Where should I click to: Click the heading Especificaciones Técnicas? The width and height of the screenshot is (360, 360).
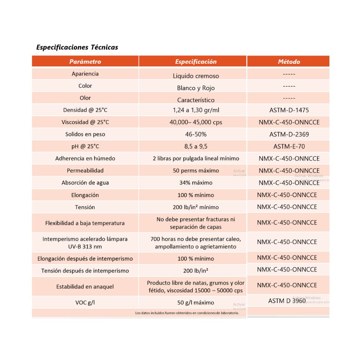click(x=77, y=47)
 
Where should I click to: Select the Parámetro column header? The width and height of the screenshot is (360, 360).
click(x=85, y=62)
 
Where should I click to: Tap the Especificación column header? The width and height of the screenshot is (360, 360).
click(x=196, y=62)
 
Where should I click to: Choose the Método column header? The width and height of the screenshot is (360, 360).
click(x=289, y=62)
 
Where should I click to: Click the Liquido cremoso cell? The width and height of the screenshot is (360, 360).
click(x=196, y=76)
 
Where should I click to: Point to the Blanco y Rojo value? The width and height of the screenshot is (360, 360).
click(x=196, y=88)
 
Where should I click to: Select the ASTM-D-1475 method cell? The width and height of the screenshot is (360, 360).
click(x=289, y=110)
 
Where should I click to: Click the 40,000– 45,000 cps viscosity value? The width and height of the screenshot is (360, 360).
click(x=196, y=122)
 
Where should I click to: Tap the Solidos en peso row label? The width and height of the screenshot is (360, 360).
click(x=85, y=134)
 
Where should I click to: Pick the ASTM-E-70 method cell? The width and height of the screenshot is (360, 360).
click(x=289, y=147)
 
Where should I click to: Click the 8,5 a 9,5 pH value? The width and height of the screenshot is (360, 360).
click(x=196, y=147)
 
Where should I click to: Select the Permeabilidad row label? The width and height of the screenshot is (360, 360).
click(x=85, y=171)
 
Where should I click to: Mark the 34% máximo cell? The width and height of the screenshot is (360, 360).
click(x=196, y=183)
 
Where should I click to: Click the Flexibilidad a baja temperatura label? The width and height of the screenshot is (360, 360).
click(x=85, y=223)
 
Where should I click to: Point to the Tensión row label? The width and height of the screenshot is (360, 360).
click(x=85, y=207)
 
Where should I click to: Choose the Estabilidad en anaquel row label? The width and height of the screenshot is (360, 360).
click(x=85, y=287)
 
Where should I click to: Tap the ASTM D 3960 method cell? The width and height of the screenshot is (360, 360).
click(x=287, y=301)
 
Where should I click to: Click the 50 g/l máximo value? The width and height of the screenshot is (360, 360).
click(x=196, y=302)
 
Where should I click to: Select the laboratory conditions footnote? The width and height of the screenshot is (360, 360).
click(x=187, y=313)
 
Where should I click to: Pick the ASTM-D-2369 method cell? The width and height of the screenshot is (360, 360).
click(x=289, y=134)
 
